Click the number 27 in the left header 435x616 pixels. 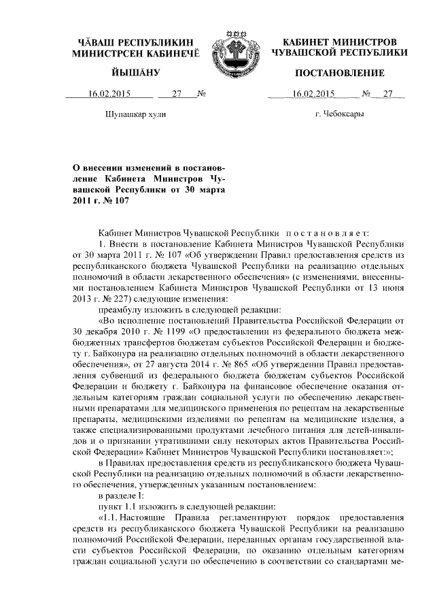177,95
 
